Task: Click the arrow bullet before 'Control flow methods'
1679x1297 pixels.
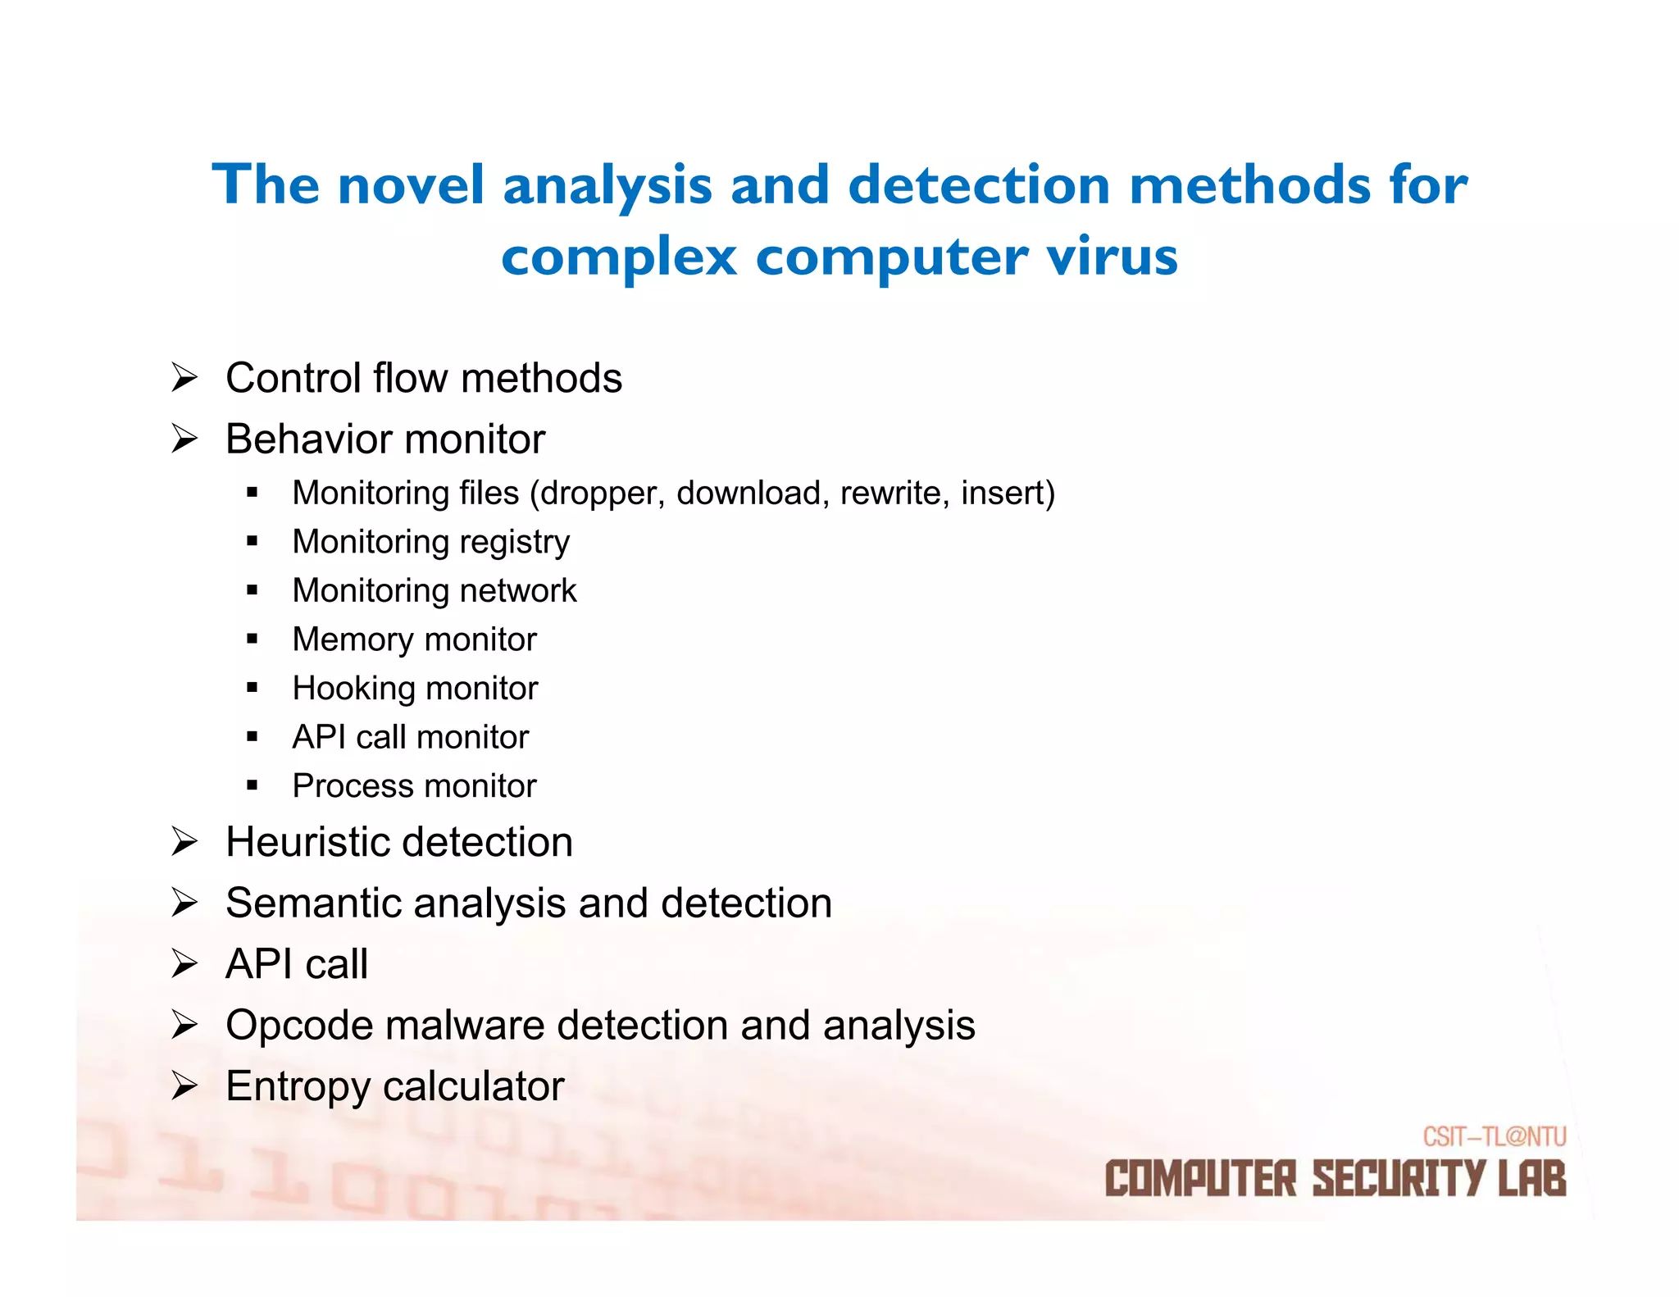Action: pyautogui.click(x=184, y=378)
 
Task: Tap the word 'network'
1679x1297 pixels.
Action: pyautogui.click(x=516, y=591)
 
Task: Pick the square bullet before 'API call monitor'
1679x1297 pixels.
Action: pyautogui.click(x=252, y=737)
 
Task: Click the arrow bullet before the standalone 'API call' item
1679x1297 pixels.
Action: pyautogui.click(x=184, y=964)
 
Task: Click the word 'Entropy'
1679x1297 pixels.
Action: pyautogui.click(x=298, y=1087)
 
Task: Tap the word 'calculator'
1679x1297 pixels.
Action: pyautogui.click(x=473, y=1086)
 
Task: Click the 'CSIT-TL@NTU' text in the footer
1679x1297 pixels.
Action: pyautogui.click(x=1494, y=1136)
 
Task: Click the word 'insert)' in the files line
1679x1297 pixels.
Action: pyautogui.click(x=1008, y=494)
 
